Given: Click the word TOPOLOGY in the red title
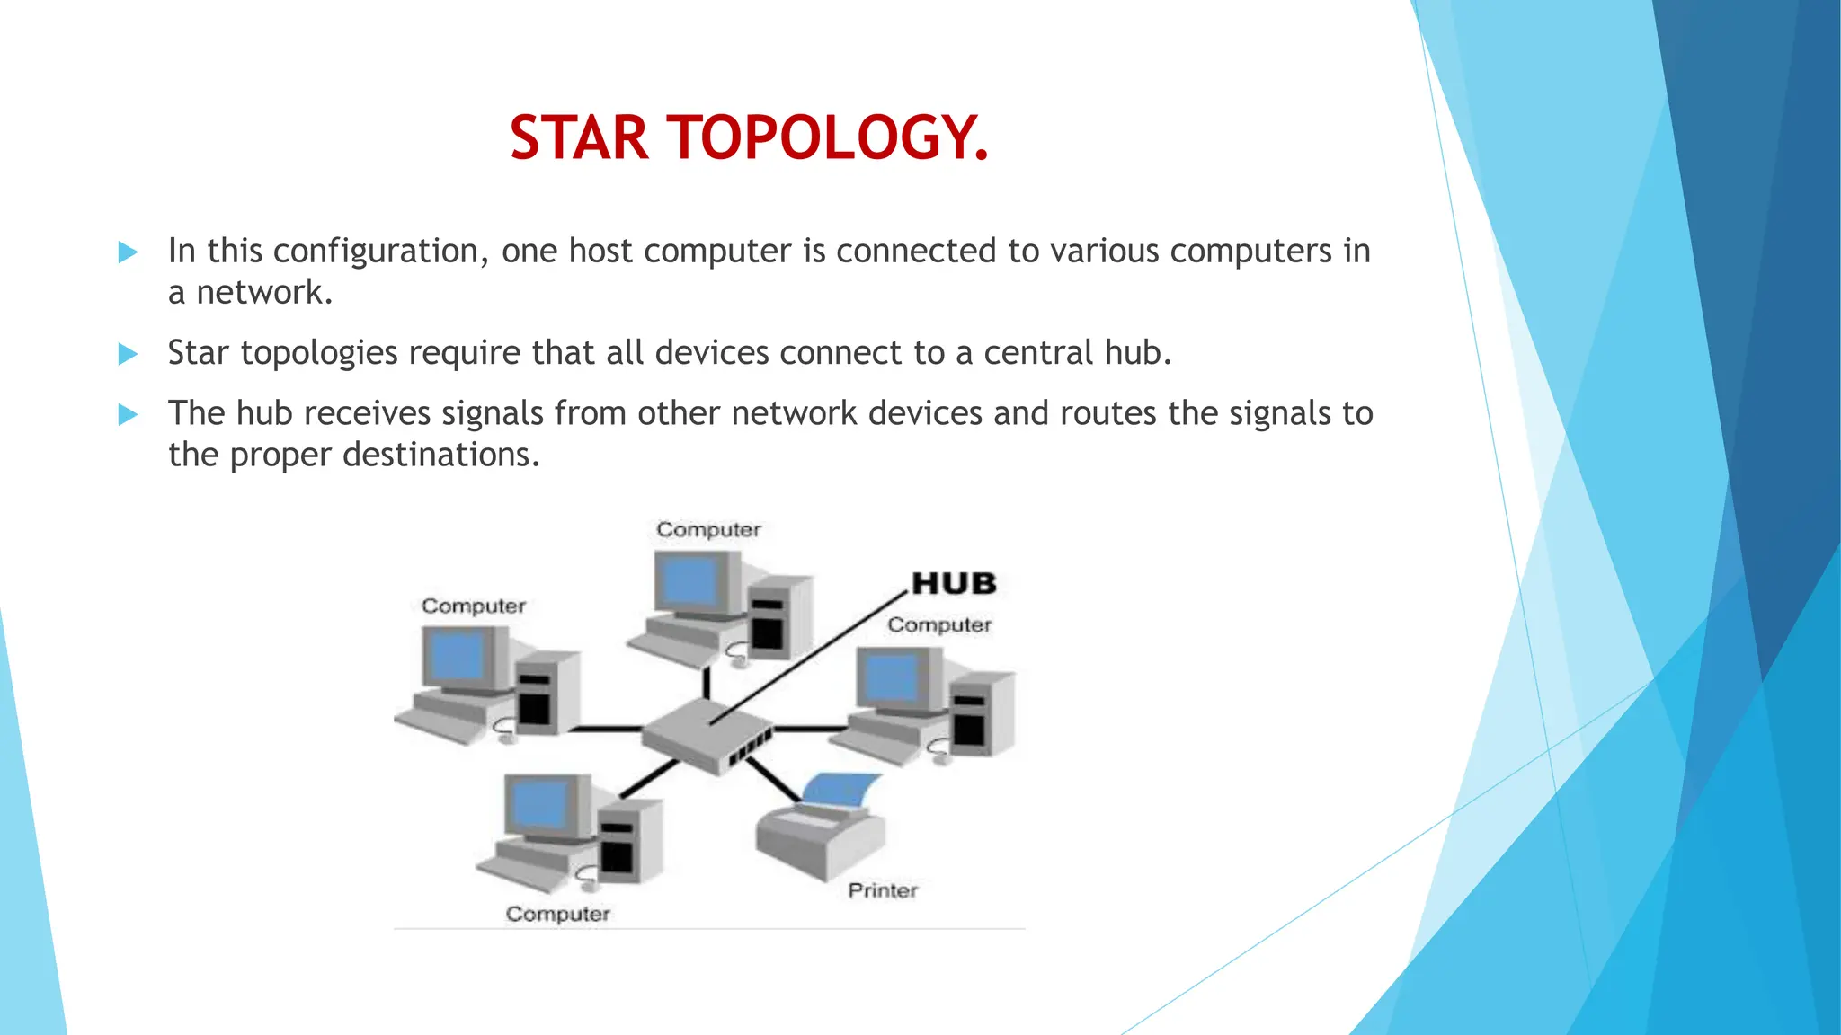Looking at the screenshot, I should [x=826, y=138].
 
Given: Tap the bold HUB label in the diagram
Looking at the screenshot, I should [x=954, y=584].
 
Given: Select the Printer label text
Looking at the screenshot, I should [x=883, y=890].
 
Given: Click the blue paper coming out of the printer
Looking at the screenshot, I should [x=841, y=789].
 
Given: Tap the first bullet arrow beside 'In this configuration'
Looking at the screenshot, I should [x=129, y=252].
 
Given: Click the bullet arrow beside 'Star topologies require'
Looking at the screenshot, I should [x=129, y=354].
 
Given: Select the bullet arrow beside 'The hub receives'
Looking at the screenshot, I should [x=129, y=414].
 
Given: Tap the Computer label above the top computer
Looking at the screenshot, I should [x=708, y=530].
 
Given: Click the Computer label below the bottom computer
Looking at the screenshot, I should [x=557, y=914].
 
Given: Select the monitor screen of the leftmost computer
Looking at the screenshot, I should [x=458, y=657].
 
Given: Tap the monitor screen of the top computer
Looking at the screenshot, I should [x=689, y=581].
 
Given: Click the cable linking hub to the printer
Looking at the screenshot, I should [x=773, y=779].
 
